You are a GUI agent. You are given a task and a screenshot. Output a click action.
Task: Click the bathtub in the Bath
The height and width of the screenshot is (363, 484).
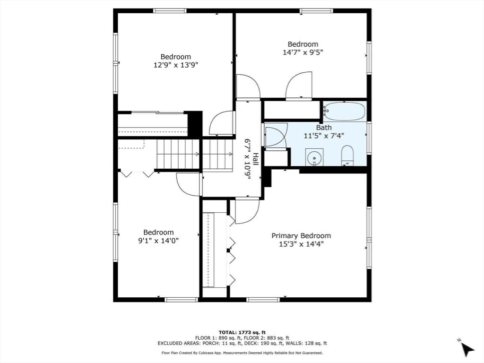click(345, 112)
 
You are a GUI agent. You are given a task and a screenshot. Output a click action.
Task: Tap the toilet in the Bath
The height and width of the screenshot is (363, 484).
click(347, 156)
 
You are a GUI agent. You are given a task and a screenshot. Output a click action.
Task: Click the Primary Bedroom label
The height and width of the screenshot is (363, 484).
click(301, 236)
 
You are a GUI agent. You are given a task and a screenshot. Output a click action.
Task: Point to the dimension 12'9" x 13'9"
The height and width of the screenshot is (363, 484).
click(175, 65)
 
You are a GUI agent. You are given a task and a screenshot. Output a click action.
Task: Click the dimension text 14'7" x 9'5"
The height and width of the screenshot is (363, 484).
click(303, 52)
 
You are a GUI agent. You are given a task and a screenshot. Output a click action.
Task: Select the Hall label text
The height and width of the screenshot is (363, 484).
click(255, 159)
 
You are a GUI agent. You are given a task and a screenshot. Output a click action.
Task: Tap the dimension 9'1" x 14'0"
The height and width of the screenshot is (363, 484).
click(159, 241)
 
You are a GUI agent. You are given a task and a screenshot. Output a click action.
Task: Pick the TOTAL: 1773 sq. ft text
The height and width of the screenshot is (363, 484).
click(242, 332)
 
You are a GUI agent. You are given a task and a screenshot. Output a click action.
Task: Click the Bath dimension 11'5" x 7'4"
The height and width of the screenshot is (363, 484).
click(324, 136)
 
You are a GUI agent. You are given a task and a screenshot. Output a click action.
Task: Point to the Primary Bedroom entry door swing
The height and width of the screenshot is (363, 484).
click(247, 211)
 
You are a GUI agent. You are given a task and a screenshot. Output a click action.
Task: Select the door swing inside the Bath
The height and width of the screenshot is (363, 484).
click(276, 135)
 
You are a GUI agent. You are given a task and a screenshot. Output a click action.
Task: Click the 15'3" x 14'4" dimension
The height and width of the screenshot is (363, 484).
click(301, 244)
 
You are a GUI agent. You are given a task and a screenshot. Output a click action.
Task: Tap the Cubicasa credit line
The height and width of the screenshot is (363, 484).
click(242, 353)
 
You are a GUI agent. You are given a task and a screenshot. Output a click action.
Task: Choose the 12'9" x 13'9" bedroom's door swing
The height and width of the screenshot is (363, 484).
click(222, 123)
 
